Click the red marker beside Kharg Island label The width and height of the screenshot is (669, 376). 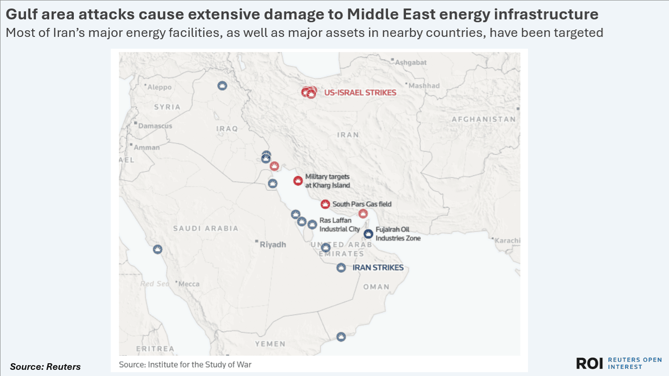click(298, 181)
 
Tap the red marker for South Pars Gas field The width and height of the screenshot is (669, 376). click(325, 204)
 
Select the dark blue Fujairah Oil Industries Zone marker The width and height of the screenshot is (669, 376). click(368, 233)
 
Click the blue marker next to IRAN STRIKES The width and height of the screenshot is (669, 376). click(341, 268)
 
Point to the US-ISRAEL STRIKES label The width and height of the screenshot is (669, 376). click(360, 93)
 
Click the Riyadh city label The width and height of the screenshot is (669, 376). click(273, 245)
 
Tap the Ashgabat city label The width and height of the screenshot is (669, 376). click(411, 62)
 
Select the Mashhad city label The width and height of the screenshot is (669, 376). click(424, 86)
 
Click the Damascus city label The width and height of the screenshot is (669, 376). click(155, 126)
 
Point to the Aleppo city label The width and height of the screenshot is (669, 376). click(159, 87)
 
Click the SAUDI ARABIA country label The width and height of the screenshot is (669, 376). click(206, 228)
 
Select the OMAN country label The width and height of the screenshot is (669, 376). click(376, 287)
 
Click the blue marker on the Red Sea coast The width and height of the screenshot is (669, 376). click(158, 249)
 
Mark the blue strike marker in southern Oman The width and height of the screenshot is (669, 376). click(341, 337)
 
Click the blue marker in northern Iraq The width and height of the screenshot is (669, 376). click(222, 86)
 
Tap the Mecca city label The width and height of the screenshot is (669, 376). click(189, 284)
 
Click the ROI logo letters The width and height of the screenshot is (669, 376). click(589, 363)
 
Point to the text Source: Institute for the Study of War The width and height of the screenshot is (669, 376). click(185, 365)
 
